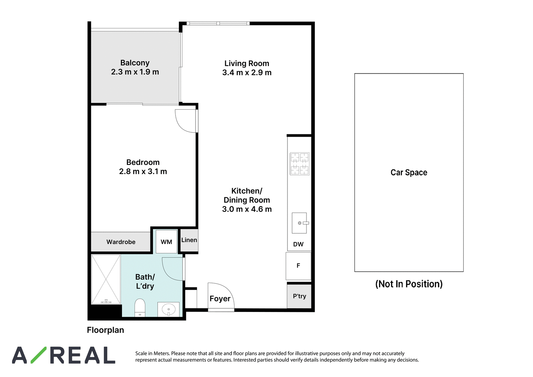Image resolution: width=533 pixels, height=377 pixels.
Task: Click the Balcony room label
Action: [135, 63]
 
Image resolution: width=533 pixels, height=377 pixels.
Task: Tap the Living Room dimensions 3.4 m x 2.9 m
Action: [247, 72]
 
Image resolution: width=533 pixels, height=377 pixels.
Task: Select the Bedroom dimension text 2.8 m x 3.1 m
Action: [143, 171]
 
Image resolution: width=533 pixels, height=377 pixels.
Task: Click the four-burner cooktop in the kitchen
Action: [299, 164]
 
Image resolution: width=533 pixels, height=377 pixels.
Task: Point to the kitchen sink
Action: [299, 223]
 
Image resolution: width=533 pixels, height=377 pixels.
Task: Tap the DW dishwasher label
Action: [298, 244]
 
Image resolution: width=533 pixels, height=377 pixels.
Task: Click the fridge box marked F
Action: [298, 266]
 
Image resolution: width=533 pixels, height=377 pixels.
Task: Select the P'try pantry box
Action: [299, 296]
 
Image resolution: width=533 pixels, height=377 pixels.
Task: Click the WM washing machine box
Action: [166, 241]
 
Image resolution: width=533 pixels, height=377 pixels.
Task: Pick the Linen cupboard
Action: [189, 240]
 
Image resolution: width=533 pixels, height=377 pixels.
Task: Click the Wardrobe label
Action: [121, 242]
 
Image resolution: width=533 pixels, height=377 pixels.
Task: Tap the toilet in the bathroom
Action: [140, 308]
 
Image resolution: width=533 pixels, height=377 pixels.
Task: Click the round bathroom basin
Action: [169, 310]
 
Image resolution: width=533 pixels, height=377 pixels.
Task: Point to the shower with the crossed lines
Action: [106, 279]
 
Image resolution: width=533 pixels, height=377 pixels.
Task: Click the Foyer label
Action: [220, 299]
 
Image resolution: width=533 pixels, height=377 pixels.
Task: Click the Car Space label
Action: [409, 172]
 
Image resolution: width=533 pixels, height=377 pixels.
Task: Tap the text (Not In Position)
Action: [409, 284]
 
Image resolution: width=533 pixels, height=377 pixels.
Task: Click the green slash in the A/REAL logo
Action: [38, 355]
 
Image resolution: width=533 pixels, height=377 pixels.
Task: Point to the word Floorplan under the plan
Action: [105, 330]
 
